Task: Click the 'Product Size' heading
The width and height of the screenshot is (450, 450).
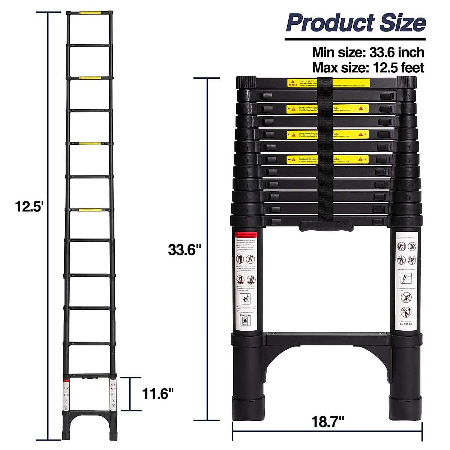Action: pyautogui.click(x=355, y=23)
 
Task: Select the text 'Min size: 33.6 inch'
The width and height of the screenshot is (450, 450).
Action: pyautogui.click(x=368, y=52)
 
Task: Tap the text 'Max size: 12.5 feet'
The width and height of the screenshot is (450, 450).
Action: pyautogui.click(x=368, y=68)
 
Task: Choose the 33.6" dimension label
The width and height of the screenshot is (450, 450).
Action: pyautogui.click(x=185, y=249)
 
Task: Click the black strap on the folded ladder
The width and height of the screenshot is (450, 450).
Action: pyautogui.click(x=325, y=150)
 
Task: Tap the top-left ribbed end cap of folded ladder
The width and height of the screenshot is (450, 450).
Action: pyautogui.click(x=246, y=82)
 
